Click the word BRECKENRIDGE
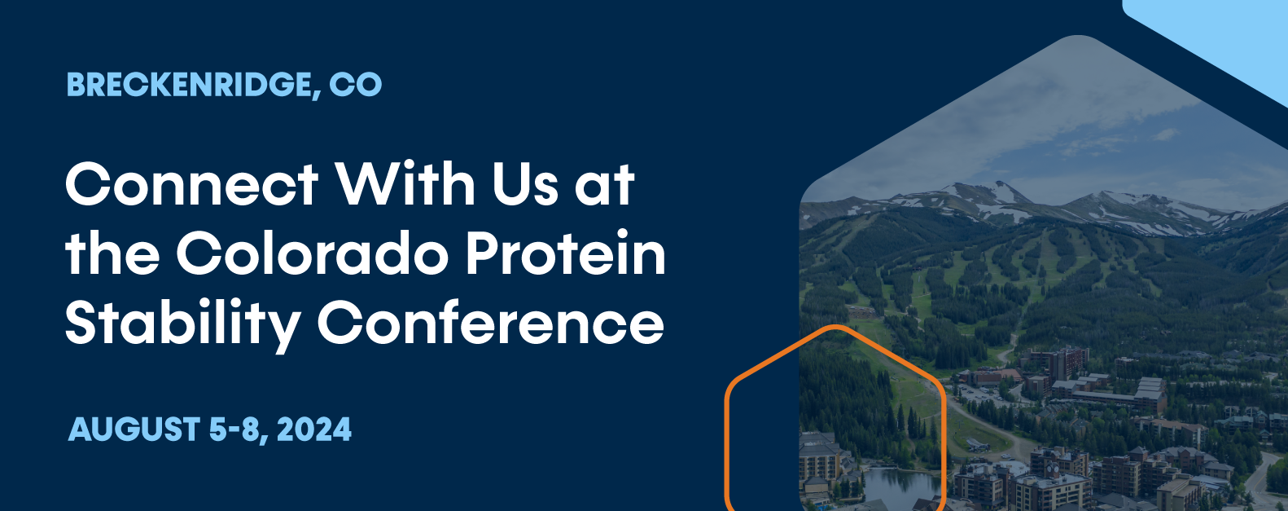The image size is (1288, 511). [x=190, y=85]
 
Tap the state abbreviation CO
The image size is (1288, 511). [x=355, y=85]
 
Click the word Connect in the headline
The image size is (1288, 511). [x=191, y=184]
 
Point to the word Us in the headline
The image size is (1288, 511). [x=525, y=184]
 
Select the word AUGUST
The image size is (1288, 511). [x=134, y=430]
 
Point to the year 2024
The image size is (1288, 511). [x=314, y=430]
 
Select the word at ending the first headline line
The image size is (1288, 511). [x=604, y=184]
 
